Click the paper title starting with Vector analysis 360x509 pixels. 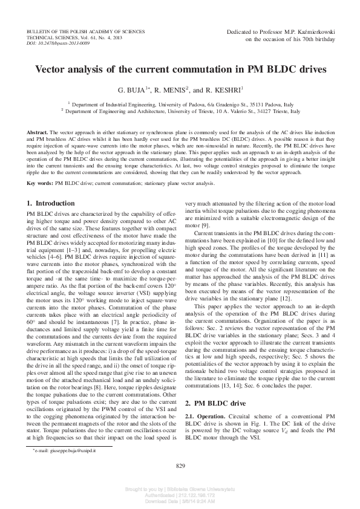tap(180, 70)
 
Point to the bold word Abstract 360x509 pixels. tap(38, 132)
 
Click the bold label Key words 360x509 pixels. tap(40, 165)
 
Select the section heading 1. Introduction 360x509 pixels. tap(51, 186)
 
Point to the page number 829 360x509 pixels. tap(180, 465)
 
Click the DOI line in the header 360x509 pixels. tap(58, 44)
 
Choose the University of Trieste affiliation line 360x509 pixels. tap(180, 112)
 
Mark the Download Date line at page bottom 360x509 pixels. tap(180, 501)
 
